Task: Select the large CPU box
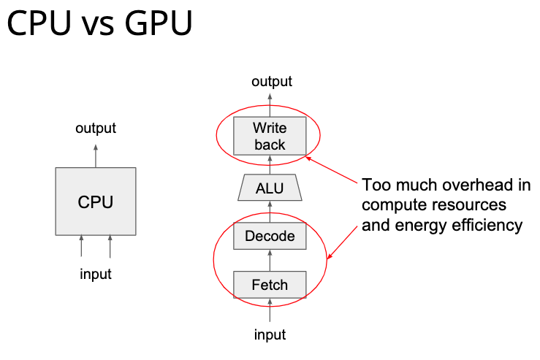coord(96,202)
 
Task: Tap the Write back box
coord(270,136)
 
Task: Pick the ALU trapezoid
coord(270,188)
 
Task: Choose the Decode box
coord(270,236)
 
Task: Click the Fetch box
coord(270,284)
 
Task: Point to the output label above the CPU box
coord(96,129)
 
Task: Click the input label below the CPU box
coord(96,274)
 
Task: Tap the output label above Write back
coord(272,81)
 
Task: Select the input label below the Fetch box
coord(270,334)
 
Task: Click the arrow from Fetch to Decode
coord(270,260)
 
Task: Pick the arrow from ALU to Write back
coord(270,165)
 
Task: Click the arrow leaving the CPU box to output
coord(96,155)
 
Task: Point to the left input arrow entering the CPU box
coord(81,247)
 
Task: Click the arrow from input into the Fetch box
coord(270,310)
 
